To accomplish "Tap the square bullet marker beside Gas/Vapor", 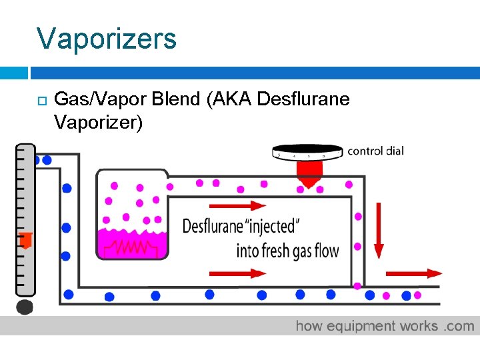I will tap(41, 101).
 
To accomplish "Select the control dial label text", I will tap(375, 151).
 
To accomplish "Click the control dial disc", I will tap(309, 152).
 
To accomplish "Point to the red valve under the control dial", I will tap(309, 174).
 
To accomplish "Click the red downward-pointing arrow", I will tap(379, 231).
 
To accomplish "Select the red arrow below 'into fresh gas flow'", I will tap(238, 273).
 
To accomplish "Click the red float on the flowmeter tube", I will tap(25, 239).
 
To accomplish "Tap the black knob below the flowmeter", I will tap(25, 306).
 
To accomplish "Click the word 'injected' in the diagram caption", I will tap(279, 226).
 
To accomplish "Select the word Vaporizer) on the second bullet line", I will tap(99, 123).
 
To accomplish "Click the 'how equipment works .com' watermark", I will tap(385, 326).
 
